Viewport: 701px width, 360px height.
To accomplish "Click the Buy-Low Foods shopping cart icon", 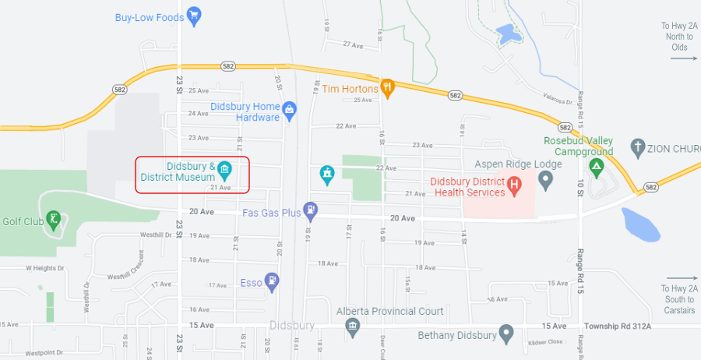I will tap(194, 16).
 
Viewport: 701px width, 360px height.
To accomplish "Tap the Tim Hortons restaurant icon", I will tap(388, 87).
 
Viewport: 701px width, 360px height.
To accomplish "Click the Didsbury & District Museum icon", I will tap(224, 169).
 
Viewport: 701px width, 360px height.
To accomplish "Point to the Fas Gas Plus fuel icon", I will tap(311, 209).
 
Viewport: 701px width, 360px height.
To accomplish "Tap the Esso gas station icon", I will tap(271, 281).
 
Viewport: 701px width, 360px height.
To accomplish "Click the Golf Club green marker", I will tap(53, 219).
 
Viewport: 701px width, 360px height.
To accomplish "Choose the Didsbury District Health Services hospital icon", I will tap(514, 185).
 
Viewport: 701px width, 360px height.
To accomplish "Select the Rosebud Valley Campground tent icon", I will tap(597, 166).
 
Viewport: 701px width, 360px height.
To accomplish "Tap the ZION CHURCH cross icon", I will tap(637, 147).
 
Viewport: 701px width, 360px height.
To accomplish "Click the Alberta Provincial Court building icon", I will tap(353, 326).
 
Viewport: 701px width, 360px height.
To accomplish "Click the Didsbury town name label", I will tap(292, 325).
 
